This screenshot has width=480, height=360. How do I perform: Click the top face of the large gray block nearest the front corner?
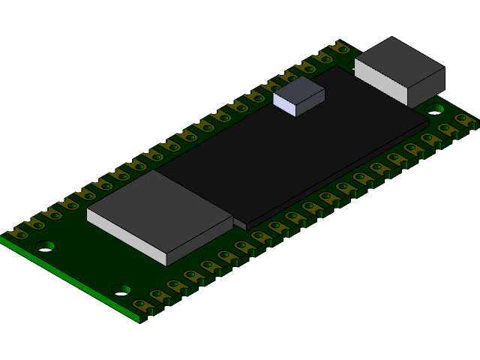tap(159, 209)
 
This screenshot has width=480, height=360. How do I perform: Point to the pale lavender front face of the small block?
tap(284, 105)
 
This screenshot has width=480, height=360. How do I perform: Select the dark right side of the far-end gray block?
tap(426, 87)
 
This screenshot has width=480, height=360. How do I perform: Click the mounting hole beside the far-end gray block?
tap(435, 109)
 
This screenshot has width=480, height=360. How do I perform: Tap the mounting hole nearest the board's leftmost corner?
tap(45, 245)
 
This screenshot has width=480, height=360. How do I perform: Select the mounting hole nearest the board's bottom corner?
tap(121, 289)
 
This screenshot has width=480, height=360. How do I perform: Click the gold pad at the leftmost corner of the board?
tap(16, 233)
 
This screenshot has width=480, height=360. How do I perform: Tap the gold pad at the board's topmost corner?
tap(341, 48)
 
